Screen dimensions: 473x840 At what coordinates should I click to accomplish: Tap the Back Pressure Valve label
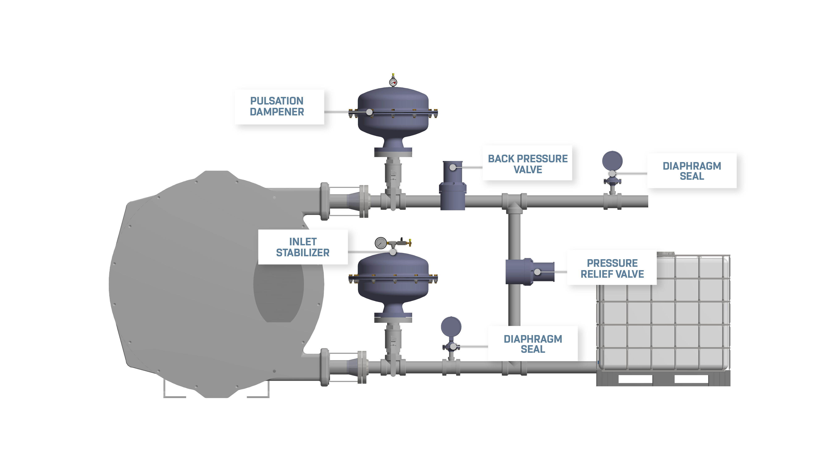(527, 163)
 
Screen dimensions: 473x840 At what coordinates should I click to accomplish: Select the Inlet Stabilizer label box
(303, 247)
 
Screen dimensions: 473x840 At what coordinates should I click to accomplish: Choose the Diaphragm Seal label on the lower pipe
(532, 344)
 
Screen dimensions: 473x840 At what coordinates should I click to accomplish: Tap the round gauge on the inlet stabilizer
(380, 243)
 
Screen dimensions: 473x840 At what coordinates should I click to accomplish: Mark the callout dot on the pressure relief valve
(537, 272)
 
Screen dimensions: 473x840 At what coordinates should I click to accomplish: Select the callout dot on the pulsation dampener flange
(369, 112)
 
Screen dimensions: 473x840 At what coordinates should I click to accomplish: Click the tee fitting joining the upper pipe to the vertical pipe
(514, 202)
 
